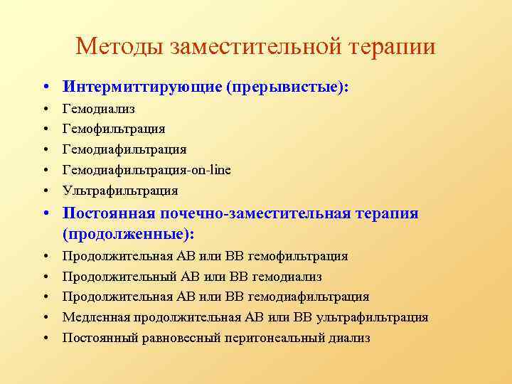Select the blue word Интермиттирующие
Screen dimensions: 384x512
point(142,87)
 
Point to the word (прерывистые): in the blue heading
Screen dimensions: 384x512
point(288,87)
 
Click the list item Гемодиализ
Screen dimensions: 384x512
point(99,109)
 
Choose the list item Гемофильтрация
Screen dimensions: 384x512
point(114,129)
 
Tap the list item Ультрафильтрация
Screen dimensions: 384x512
point(120,191)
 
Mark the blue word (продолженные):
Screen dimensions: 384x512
point(129,234)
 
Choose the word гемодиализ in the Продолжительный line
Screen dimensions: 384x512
point(288,276)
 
